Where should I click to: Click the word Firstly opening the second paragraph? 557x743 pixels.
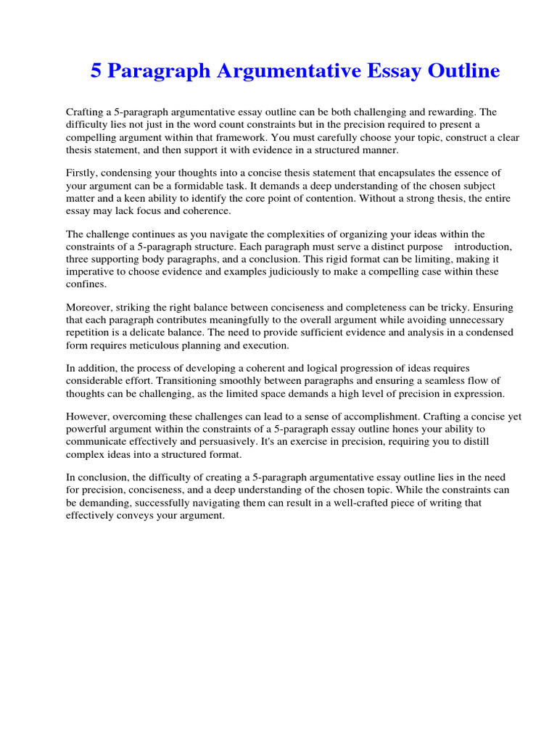pyautogui.click(x=83, y=173)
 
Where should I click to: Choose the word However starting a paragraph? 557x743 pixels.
pyautogui.click(x=88, y=416)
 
